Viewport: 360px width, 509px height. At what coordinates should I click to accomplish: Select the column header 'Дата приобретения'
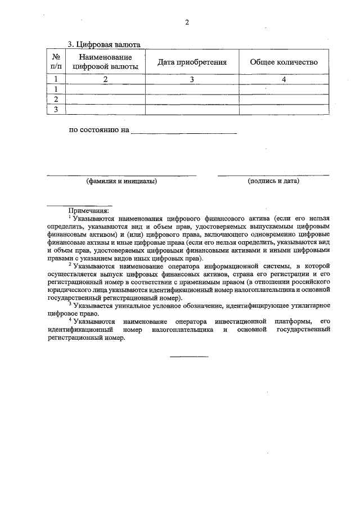click(192, 62)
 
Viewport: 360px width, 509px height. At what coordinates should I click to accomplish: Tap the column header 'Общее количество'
click(283, 62)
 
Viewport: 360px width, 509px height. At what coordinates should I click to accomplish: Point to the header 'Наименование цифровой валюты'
click(106, 62)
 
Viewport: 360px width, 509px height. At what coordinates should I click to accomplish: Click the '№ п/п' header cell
click(56, 62)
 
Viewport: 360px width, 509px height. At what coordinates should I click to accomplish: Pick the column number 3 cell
click(192, 80)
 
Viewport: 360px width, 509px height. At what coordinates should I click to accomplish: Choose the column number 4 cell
click(283, 80)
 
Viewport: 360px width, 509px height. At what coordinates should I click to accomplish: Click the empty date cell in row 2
click(192, 100)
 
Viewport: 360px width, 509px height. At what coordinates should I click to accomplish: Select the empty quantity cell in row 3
click(283, 110)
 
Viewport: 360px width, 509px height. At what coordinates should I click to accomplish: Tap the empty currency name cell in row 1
click(106, 89)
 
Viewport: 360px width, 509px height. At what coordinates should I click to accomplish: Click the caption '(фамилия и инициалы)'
click(121, 181)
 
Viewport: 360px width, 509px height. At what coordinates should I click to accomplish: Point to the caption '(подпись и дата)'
click(273, 181)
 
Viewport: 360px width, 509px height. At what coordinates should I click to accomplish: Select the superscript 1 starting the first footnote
click(70, 216)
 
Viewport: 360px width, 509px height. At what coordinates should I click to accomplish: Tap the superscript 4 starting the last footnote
click(70, 319)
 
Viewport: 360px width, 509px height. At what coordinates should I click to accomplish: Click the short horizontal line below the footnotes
click(189, 356)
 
